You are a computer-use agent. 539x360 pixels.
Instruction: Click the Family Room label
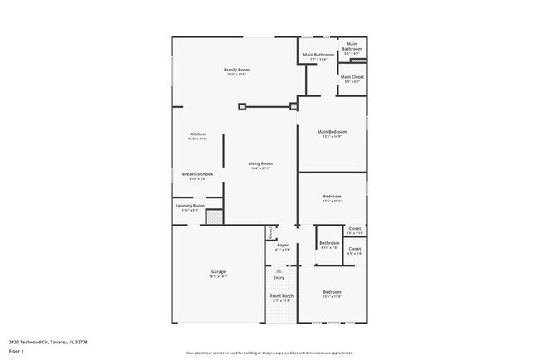237,70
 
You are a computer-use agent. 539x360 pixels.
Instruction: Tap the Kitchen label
197,134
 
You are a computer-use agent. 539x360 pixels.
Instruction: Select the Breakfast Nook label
197,174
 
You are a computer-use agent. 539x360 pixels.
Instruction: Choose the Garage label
219,271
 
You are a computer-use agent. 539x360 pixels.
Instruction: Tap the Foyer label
282,245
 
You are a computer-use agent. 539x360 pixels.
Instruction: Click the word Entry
279,277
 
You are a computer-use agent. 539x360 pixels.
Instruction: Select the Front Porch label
282,296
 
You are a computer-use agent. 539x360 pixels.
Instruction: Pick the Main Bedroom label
332,131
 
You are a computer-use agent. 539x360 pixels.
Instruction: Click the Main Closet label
352,77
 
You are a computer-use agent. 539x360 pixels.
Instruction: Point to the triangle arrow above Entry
279,270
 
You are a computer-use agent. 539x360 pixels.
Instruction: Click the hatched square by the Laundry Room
214,216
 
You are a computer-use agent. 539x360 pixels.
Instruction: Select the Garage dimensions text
219,276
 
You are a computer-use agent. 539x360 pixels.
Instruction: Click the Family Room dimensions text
237,75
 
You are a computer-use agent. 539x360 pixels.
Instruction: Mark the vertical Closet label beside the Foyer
269,232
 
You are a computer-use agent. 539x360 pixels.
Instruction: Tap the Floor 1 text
17,351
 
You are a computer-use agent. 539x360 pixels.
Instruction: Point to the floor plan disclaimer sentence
269,352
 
